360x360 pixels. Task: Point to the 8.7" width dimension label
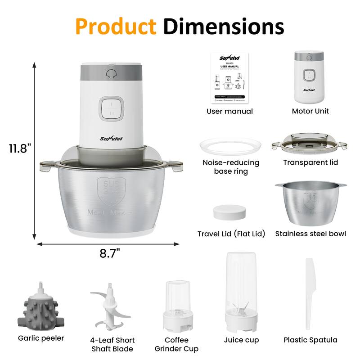point(110,253)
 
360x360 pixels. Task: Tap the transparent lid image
point(310,144)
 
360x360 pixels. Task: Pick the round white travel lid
point(230,213)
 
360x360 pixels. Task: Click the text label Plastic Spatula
point(310,340)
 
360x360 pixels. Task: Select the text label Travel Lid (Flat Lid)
point(231,234)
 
